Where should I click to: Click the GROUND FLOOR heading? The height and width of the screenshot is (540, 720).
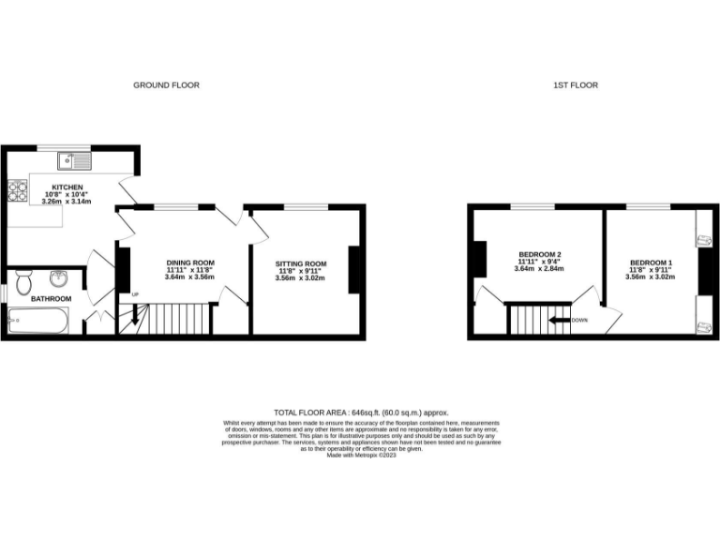click(166, 85)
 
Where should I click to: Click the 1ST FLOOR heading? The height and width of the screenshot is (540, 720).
click(576, 85)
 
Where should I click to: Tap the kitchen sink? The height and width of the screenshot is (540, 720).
click(68, 157)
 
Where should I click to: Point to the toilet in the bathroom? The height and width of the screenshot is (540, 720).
click(25, 280)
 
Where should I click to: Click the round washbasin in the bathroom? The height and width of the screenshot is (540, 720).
click(58, 277)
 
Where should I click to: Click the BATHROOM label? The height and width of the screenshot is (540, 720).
click(51, 299)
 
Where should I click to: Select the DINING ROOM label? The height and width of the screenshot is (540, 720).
click(190, 262)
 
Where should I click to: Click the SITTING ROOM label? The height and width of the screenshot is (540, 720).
click(300, 263)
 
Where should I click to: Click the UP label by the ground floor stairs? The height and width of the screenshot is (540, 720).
click(135, 295)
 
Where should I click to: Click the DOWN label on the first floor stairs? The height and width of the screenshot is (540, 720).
click(579, 320)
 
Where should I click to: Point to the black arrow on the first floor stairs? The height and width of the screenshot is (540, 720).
click(560, 321)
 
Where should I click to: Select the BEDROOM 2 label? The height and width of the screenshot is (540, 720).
click(539, 254)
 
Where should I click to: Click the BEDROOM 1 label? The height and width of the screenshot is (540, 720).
click(651, 262)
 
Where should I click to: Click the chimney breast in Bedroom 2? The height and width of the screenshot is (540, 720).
click(478, 259)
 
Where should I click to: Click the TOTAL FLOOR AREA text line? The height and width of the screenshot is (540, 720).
click(361, 412)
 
